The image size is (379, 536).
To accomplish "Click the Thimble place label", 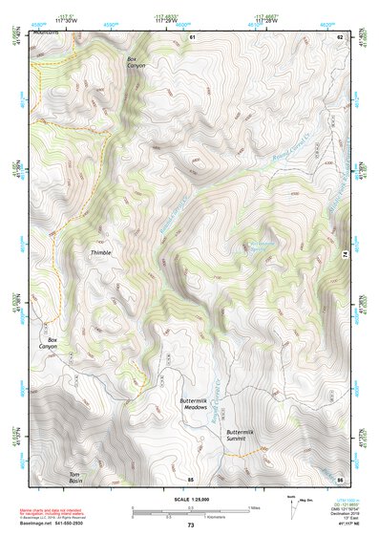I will click(101, 252).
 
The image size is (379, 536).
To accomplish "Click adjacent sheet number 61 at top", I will click(192, 36).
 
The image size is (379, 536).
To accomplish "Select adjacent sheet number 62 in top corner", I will click(339, 36).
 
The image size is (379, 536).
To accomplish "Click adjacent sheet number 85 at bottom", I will click(190, 478).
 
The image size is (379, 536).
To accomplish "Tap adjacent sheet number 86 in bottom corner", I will click(339, 478).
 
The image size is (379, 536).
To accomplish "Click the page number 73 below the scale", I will click(190, 525).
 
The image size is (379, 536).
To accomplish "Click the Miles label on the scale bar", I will click(254, 507).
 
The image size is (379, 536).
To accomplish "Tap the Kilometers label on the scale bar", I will click(227, 520).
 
